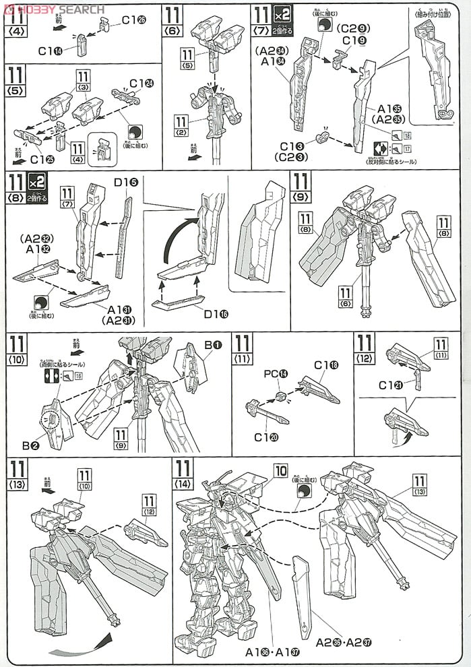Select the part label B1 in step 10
click(x=213, y=346)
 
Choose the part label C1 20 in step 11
click(x=265, y=437)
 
